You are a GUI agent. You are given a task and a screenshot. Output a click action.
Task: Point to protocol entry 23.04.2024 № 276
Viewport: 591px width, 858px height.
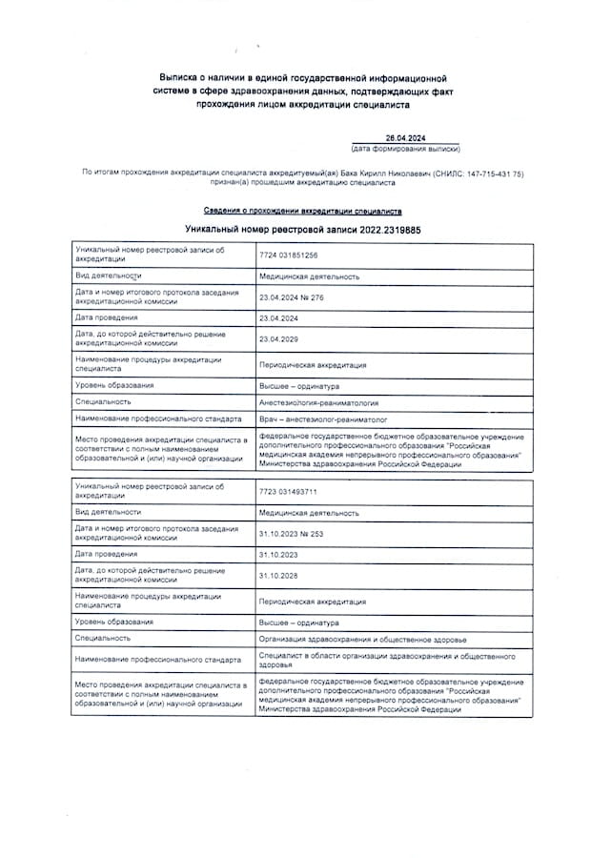click(x=292, y=297)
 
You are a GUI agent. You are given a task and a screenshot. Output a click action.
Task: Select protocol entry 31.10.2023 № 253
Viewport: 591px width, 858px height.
click(x=292, y=534)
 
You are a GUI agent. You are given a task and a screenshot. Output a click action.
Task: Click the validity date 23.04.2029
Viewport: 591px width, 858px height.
click(x=278, y=338)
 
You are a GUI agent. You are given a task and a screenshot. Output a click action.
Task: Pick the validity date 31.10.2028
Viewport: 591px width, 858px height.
click(x=278, y=575)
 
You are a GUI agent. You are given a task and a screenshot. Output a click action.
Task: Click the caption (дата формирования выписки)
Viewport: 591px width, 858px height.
click(x=405, y=150)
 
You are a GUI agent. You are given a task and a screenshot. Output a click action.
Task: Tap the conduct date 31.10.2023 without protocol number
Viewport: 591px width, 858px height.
click(x=278, y=554)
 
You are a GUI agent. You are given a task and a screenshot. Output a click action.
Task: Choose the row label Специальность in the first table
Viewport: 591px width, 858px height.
click(x=104, y=402)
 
